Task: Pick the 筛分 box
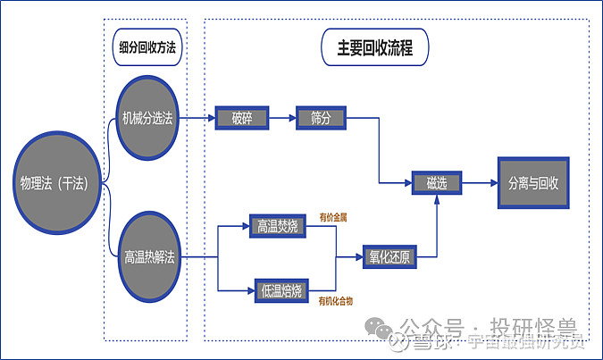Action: click(x=321, y=118)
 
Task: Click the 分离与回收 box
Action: click(x=533, y=183)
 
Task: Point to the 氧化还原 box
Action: click(x=389, y=257)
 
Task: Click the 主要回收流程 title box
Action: click(x=374, y=46)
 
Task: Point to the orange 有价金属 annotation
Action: click(x=332, y=216)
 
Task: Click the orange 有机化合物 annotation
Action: click(x=335, y=302)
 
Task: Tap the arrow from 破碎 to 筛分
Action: click(x=282, y=118)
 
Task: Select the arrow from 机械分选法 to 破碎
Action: click(x=201, y=118)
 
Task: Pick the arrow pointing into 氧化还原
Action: click(x=350, y=257)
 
